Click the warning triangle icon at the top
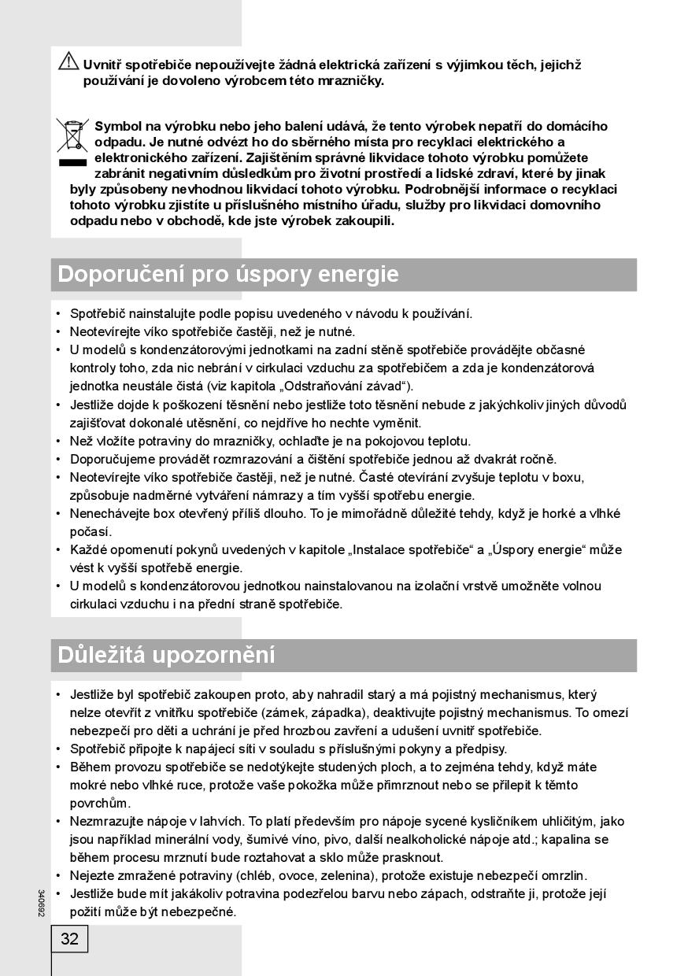pyautogui.click(x=68, y=60)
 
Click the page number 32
pyautogui.click(x=69, y=938)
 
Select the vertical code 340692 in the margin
pyautogui.click(x=40, y=903)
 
